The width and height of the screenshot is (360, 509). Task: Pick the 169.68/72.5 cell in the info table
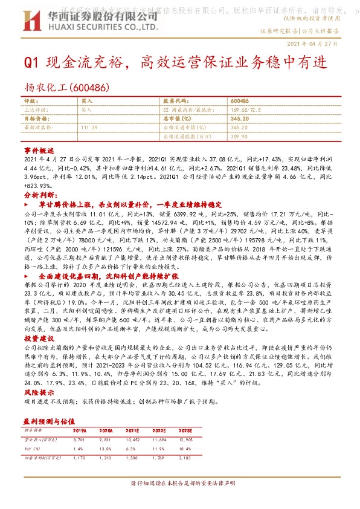(x=245, y=110)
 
